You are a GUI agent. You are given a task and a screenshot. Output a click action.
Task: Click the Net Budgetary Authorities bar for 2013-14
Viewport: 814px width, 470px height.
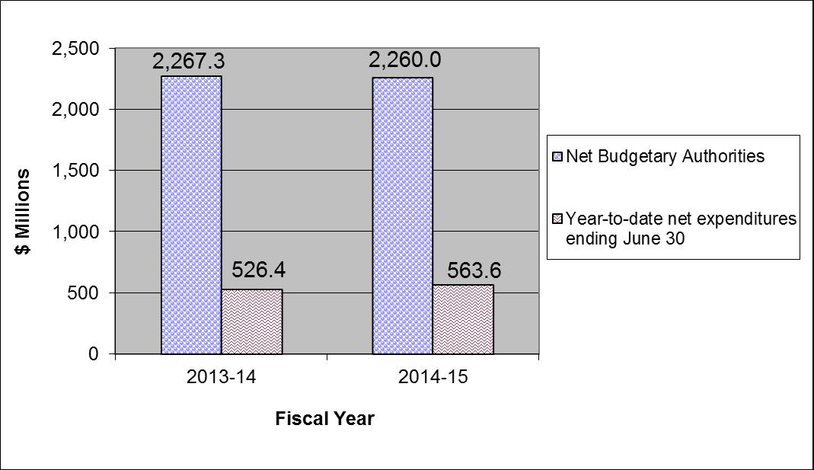[x=191, y=215]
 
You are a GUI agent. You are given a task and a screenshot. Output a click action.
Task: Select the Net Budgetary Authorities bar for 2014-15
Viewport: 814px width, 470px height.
[x=402, y=216]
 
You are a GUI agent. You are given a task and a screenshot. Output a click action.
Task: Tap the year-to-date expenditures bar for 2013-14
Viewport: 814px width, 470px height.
[x=251, y=321]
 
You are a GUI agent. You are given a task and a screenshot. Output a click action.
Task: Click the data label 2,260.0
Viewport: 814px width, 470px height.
[x=401, y=60]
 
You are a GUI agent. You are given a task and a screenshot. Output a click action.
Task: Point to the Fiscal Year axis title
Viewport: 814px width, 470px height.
[x=325, y=419]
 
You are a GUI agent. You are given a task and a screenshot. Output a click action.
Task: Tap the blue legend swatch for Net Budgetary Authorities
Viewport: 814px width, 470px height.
[x=557, y=157]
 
